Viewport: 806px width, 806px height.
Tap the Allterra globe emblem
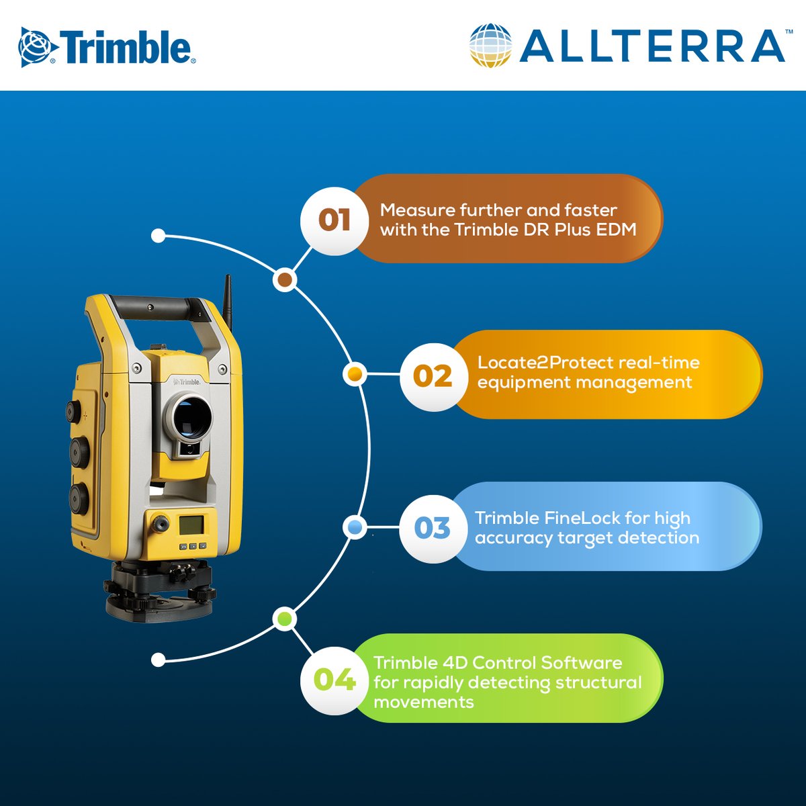(490, 46)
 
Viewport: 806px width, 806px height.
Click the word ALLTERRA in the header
(652, 46)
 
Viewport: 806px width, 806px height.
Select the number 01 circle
(334, 220)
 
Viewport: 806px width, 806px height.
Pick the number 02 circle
(433, 376)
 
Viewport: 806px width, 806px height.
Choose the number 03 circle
(433, 529)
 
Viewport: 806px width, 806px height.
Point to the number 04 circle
(334, 680)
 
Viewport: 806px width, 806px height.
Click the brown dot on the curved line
(285, 279)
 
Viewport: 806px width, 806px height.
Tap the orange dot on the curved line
(355, 373)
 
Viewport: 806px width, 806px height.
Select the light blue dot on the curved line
(355, 527)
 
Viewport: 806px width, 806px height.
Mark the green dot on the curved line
(285, 619)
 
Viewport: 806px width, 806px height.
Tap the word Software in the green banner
(581, 663)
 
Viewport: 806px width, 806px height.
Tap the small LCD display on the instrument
(190, 524)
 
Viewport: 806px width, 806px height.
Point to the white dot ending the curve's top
(159, 236)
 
